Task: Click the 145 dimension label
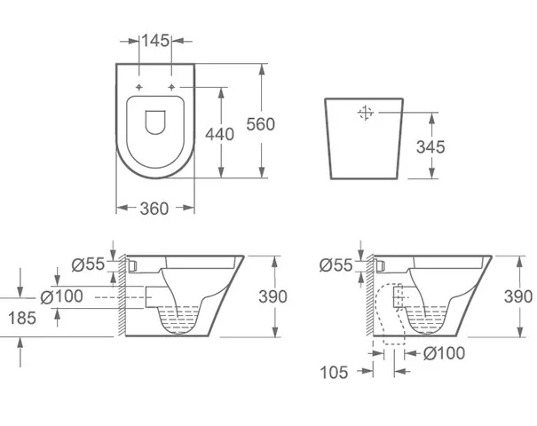point(155,41)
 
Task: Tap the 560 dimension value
point(261,124)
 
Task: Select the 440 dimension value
point(219,134)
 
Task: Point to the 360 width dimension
point(154,209)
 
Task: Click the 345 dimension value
point(430,147)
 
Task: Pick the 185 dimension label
point(22,318)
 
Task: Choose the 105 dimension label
point(334,372)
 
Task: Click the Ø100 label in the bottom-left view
point(61,296)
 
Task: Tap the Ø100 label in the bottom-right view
point(444,353)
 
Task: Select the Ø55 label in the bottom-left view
point(88,264)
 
